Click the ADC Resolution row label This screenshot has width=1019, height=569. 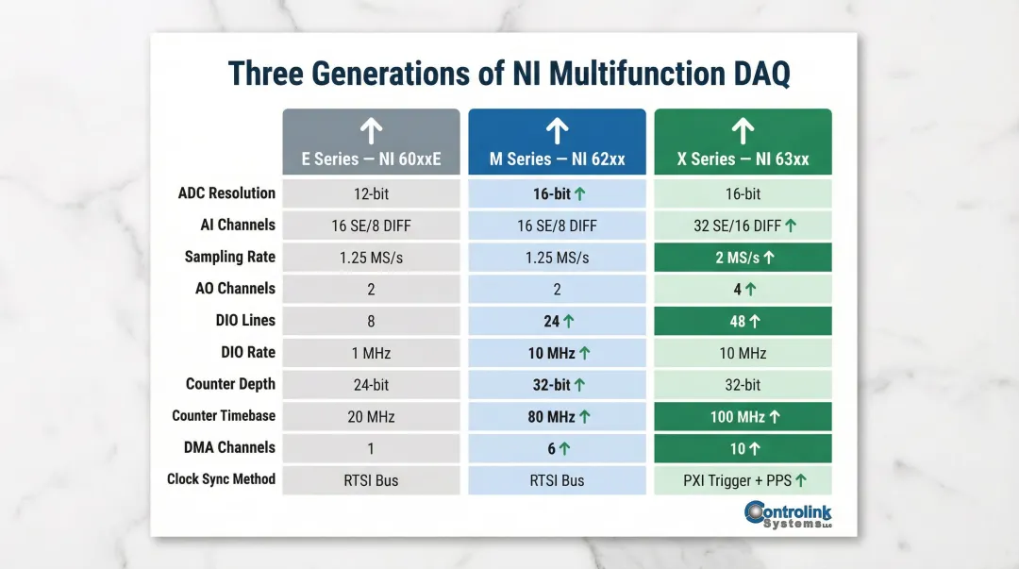[226, 193]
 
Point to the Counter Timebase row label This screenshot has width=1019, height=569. [224, 415]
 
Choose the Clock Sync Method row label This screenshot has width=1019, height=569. [221, 479]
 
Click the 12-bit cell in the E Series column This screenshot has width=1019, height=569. [371, 194]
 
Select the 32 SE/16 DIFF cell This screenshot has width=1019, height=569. [743, 226]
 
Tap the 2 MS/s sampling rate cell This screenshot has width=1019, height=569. [743, 258]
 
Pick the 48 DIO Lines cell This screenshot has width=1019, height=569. [743, 321]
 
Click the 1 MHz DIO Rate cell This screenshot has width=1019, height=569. [371, 353]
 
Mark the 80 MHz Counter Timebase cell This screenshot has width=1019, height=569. [557, 416]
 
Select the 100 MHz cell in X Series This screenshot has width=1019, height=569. [743, 416]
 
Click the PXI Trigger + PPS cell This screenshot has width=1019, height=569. [743, 480]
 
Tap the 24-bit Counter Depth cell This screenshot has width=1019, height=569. [371, 385]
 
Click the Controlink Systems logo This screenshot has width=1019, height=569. [788, 515]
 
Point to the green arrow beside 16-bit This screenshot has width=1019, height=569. [579, 194]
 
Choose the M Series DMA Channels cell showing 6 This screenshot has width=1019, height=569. [557, 448]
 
